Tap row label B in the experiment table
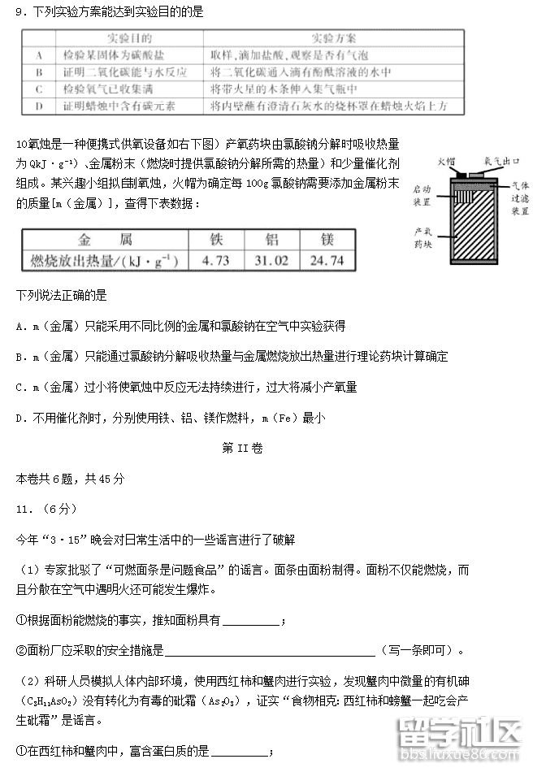[x=39, y=72]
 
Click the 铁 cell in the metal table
[x=216, y=241]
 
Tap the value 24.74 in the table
[x=327, y=260]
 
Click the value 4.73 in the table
[x=216, y=260]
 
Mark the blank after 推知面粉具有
[x=251, y=622]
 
